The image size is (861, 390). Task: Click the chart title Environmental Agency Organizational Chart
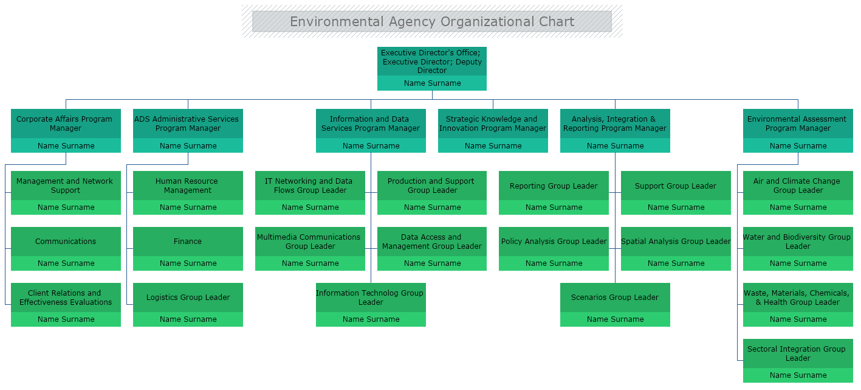click(x=431, y=22)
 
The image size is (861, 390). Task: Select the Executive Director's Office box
click(x=431, y=61)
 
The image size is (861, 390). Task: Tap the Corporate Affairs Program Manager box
click(x=66, y=124)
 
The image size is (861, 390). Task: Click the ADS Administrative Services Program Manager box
click(x=188, y=124)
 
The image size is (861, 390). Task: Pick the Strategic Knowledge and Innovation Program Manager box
click(x=493, y=124)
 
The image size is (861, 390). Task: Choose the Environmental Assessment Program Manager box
click(x=798, y=124)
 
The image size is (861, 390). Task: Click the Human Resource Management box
click(x=188, y=186)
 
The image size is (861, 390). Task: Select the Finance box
click(x=188, y=242)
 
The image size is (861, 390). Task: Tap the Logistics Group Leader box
click(x=188, y=298)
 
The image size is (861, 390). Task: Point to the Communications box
click(x=66, y=242)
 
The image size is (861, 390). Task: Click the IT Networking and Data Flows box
click(x=310, y=186)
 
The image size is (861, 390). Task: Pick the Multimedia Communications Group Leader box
click(x=310, y=242)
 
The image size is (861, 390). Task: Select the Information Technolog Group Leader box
click(x=371, y=298)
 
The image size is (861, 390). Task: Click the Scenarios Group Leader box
click(x=615, y=298)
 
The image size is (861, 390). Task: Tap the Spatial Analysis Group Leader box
click(x=676, y=242)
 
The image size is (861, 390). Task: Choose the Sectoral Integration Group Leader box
click(x=798, y=353)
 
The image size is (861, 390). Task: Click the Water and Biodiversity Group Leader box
click(x=798, y=242)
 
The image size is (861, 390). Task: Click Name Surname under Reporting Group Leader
click(x=554, y=207)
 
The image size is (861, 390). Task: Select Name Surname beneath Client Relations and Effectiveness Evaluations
click(x=66, y=319)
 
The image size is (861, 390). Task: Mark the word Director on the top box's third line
click(x=431, y=71)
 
